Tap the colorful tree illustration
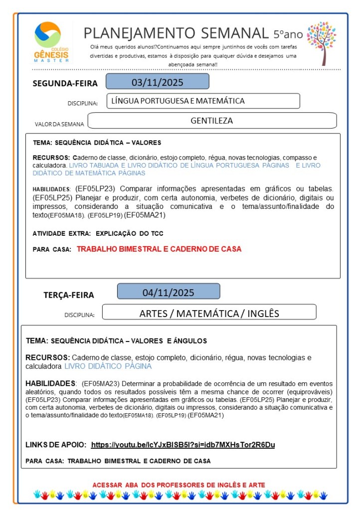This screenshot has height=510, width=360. click(322, 42)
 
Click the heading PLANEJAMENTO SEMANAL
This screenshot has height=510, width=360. click(176, 33)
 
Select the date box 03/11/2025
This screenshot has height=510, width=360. click(157, 82)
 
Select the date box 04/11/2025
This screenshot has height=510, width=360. click(168, 292)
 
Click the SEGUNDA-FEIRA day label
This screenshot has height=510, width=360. click(65, 83)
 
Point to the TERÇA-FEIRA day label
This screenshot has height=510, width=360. click(69, 295)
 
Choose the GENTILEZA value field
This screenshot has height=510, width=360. click(212, 120)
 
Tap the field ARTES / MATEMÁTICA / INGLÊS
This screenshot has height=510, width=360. click(209, 313)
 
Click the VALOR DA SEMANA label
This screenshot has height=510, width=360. click(60, 124)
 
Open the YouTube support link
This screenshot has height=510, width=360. click(183, 444)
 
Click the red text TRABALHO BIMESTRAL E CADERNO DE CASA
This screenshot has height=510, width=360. click(159, 249)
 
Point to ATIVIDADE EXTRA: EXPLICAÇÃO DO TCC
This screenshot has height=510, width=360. click(98, 233)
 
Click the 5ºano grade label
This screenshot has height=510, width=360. click(288, 34)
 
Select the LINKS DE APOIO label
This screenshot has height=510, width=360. click(56, 444)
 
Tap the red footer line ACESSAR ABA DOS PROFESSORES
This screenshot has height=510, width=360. click(179, 485)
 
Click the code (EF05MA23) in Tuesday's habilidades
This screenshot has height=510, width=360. click(97, 384)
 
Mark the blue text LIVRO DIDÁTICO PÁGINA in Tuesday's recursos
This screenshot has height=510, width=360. click(108, 366)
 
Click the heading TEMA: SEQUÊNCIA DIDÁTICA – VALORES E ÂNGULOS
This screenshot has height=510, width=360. click(116, 341)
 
